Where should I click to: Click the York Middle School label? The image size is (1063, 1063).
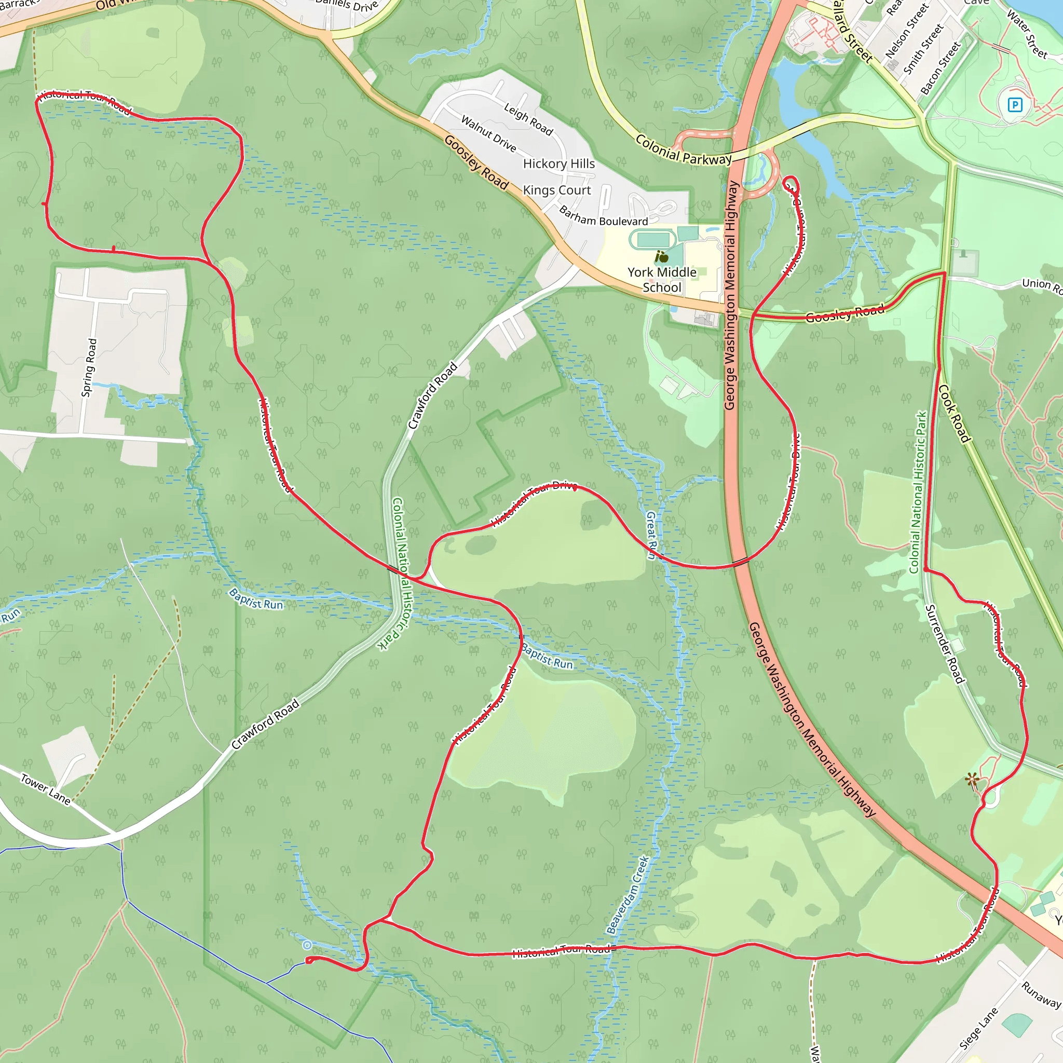[662, 280]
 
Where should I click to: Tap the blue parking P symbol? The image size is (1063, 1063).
[1015, 104]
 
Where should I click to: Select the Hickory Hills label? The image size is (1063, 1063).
[559, 164]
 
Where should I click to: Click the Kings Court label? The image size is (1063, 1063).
[557, 190]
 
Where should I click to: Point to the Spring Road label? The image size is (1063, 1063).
[89, 367]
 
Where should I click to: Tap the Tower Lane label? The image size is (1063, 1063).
[46, 789]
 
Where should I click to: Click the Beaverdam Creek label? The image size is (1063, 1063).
[628, 895]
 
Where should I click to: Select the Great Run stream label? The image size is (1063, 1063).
[651, 535]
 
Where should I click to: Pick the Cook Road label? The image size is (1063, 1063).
[954, 414]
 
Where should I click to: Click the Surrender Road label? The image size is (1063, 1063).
[945, 644]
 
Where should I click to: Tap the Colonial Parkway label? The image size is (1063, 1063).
[684, 149]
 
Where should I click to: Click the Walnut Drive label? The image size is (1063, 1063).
[488, 134]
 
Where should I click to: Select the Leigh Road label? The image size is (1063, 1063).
[528, 119]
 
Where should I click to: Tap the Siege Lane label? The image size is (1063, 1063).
[978, 1029]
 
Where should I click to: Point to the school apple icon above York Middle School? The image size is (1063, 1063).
[662, 256]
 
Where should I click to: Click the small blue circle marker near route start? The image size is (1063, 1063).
[307, 945]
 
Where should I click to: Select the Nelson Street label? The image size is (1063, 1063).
[906, 31]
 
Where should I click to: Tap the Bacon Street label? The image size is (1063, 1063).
[941, 68]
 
